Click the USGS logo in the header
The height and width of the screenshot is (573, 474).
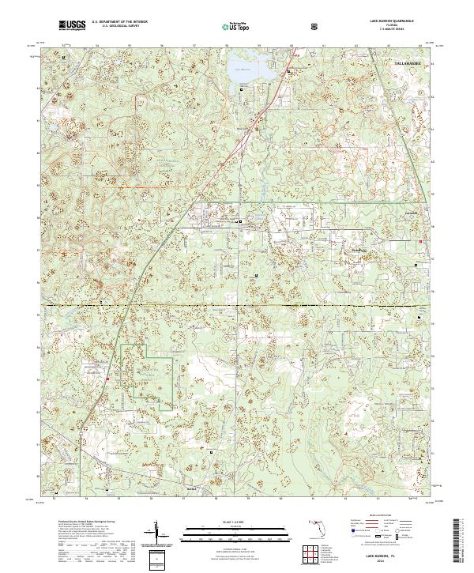pyautogui.click(x=72, y=26)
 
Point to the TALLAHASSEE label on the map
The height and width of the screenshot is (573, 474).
pyautogui.click(x=408, y=60)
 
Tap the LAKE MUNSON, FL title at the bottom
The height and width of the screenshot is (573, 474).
pyautogui.click(x=386, y=557)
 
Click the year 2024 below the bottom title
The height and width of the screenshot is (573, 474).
pyautogui.click(x=386, y=564)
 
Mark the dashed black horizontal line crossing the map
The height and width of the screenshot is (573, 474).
pyautogui.click(x=237, y=304)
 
